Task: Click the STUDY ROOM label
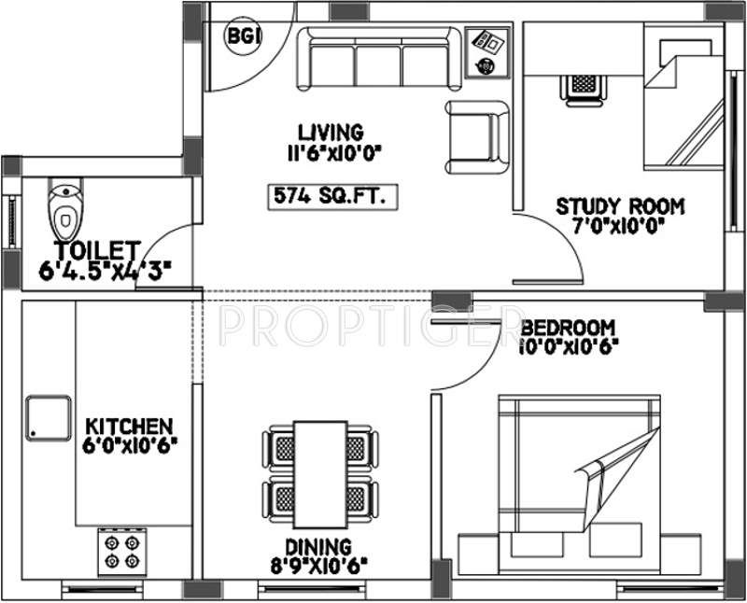pos(620,206)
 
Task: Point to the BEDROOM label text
pos(568,328)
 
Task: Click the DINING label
pos(319,547)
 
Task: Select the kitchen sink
pos(49,417)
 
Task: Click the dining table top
pos(319,475)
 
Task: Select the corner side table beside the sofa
pos(487,52)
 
